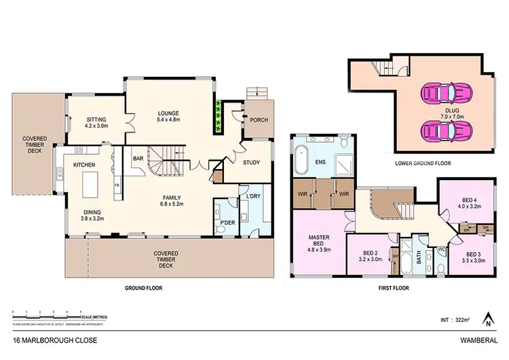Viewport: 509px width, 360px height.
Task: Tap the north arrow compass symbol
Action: (487, 317)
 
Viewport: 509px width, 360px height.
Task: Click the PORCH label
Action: (259, 120)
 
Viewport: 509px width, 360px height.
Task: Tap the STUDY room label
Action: (252, 162)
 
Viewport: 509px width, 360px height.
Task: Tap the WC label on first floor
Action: (442, 249)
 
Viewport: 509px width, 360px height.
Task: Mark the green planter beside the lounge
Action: (218, 109)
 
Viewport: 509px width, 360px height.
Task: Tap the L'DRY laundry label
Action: (252, 197)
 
